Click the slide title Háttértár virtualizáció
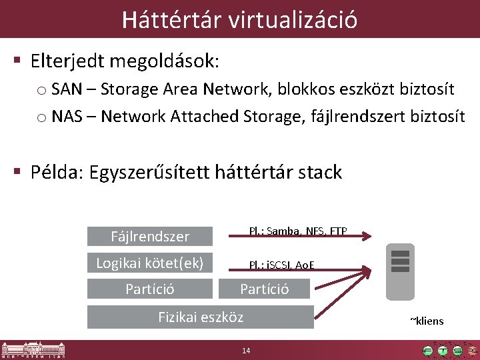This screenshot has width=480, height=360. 239,19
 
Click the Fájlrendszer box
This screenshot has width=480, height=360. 150,237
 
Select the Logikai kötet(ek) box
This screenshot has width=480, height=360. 150,263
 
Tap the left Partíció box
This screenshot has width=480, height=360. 150,289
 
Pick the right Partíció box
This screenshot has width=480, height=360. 264,289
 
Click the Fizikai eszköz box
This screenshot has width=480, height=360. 201,317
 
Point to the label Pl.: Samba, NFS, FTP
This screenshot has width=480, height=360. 297,231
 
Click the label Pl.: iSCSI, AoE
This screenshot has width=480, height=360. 281,265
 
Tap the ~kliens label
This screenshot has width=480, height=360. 426,321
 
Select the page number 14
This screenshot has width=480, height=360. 246,351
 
